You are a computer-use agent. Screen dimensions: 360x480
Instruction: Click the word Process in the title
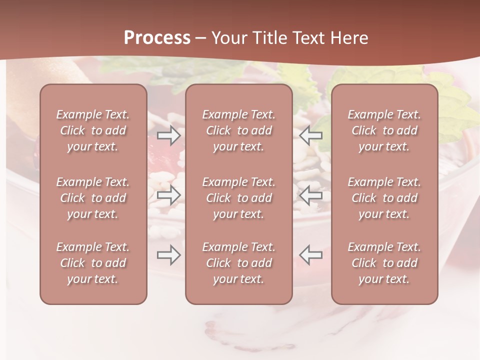(157, 38)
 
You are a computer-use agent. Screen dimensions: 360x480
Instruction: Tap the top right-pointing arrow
(169, 135)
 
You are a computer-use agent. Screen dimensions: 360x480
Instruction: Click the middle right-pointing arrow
(169, 195)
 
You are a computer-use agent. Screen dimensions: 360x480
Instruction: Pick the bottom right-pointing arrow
(169, 255)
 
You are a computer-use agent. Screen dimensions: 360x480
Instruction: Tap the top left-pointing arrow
(311, 135)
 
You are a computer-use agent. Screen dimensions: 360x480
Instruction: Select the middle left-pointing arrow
(311, 195)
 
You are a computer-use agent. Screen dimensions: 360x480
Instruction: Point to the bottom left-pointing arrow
(311, 255)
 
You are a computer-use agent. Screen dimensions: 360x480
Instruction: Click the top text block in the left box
(93, 130)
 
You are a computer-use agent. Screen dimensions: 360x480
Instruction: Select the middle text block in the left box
(93, 198)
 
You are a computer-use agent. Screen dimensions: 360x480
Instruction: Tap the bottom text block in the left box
(93, 263)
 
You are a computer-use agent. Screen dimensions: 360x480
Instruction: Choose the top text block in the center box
(238, 130)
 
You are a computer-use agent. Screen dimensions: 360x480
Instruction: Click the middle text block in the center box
(238, 198)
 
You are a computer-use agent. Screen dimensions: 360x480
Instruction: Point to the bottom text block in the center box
(238, 263)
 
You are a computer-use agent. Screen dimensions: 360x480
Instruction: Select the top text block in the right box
(384, 130)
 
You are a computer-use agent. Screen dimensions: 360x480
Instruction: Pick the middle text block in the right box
(384, 198)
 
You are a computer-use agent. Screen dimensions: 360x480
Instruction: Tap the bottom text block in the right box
(384, 263)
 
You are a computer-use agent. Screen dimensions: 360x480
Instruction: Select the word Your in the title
(227, 38)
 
